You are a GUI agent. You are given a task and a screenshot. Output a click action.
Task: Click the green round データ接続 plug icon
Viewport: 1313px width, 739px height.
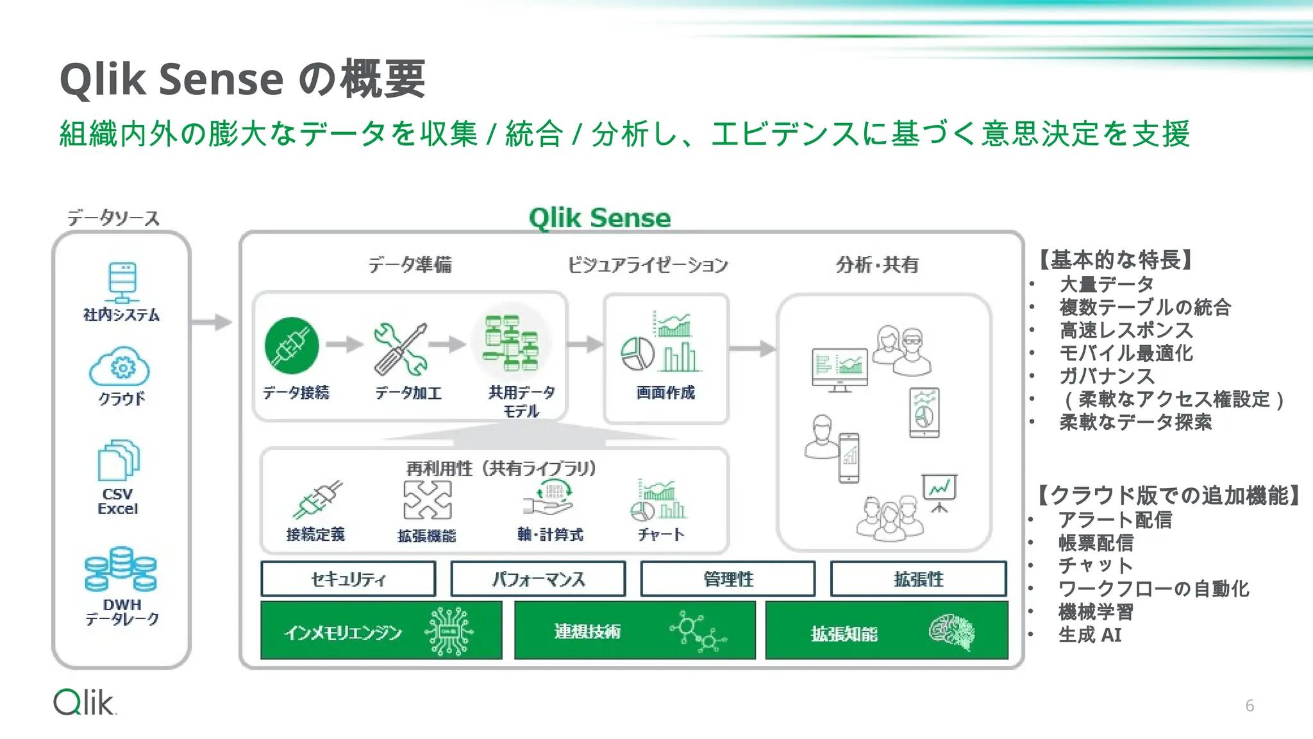coord(292,346)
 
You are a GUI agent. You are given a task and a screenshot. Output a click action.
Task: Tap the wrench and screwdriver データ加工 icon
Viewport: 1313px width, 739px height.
coord(400,348)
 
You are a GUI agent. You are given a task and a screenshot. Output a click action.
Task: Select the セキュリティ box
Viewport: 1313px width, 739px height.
coord(348,579)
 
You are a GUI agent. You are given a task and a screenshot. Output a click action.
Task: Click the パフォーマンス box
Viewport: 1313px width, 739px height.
coord(538,579)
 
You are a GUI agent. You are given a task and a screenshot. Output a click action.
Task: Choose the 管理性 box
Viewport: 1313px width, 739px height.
coord(728,579)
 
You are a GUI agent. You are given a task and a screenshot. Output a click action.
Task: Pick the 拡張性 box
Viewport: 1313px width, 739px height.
coord(918,579)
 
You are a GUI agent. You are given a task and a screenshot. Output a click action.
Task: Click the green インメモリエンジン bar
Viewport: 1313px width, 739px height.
coord(381,631)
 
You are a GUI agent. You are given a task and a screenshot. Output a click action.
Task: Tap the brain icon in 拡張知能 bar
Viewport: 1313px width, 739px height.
coord(953,632)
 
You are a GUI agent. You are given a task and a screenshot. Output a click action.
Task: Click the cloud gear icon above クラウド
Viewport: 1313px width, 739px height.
coord(120,366)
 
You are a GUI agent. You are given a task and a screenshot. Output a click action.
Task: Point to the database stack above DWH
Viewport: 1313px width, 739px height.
coord(121,568)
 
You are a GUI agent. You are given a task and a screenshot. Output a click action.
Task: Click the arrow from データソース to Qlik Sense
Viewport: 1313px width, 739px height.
coord(212,321)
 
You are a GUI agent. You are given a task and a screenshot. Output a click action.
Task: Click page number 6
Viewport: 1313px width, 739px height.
coord(1249,706)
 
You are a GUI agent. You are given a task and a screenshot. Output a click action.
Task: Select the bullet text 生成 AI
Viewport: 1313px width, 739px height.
coord(1089,635)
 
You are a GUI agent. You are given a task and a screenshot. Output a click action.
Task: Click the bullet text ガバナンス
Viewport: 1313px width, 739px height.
coord(1107,376)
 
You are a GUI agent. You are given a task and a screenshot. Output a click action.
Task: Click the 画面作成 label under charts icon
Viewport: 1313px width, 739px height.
coord(665,393)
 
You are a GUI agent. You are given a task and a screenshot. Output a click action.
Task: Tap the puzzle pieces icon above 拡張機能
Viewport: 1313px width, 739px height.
coord(427,500)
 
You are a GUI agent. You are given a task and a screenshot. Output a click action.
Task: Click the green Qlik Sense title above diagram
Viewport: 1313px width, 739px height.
coord(599,218)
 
